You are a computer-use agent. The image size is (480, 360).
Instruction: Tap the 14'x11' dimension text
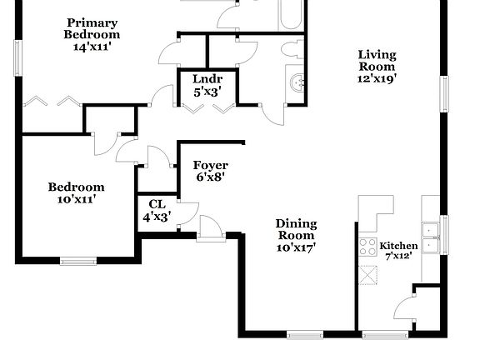(92, 47)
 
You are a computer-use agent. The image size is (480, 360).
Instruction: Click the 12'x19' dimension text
(377, 78)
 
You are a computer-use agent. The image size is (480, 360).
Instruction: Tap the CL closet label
(157, 204)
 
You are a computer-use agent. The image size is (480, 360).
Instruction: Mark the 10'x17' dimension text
(296, 247)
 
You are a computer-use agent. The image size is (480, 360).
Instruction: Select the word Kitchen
(398, 247)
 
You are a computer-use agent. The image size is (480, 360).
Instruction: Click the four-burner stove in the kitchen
(367, 247)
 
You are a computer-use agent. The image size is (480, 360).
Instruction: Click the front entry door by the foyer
(210, 230)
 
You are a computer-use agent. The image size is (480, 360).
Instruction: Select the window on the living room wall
(445, 91)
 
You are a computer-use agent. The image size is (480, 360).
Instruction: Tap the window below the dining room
(305, 334)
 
